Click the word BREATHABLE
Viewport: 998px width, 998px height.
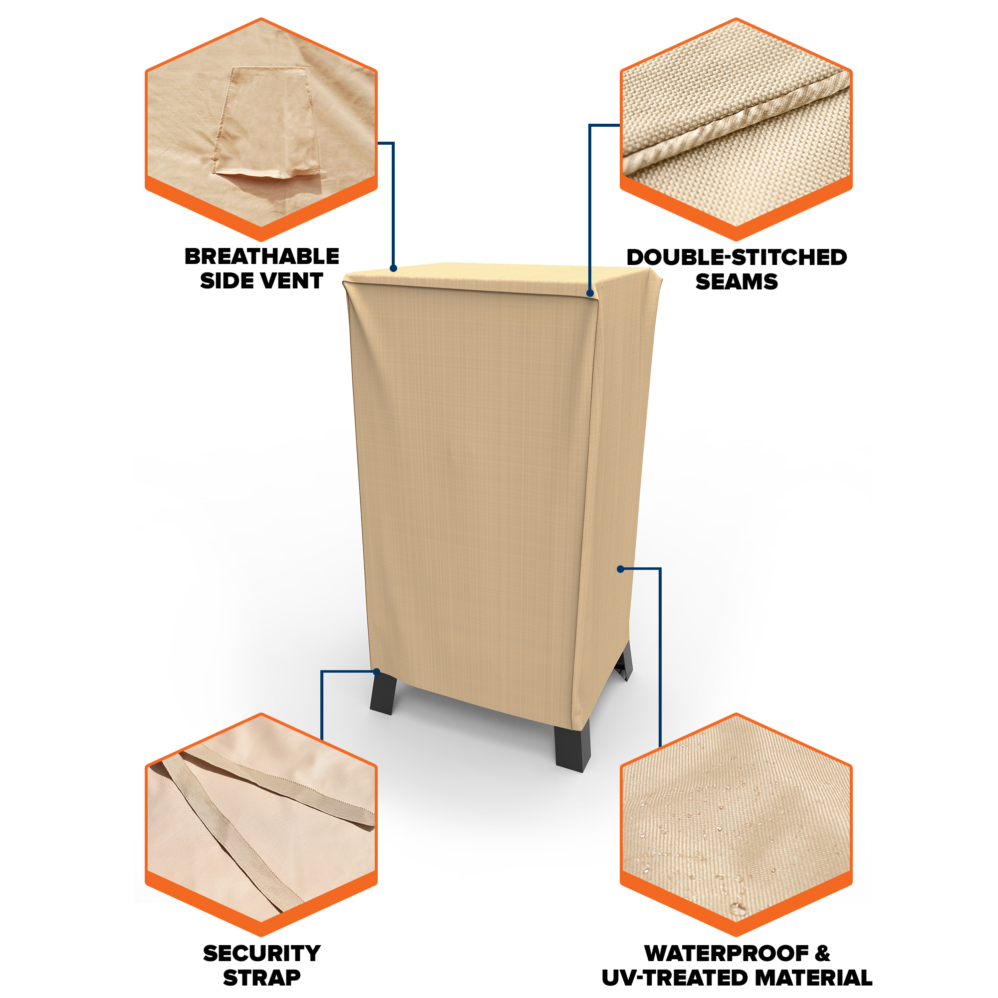261,256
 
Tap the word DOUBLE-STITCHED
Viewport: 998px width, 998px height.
737,257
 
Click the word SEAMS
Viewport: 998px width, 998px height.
737,281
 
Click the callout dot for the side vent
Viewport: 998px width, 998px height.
393,268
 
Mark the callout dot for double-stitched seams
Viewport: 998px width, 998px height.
589,293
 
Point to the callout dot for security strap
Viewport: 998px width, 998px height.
377,672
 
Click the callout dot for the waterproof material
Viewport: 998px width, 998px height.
620,569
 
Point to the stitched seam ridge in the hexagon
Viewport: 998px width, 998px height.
736,123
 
